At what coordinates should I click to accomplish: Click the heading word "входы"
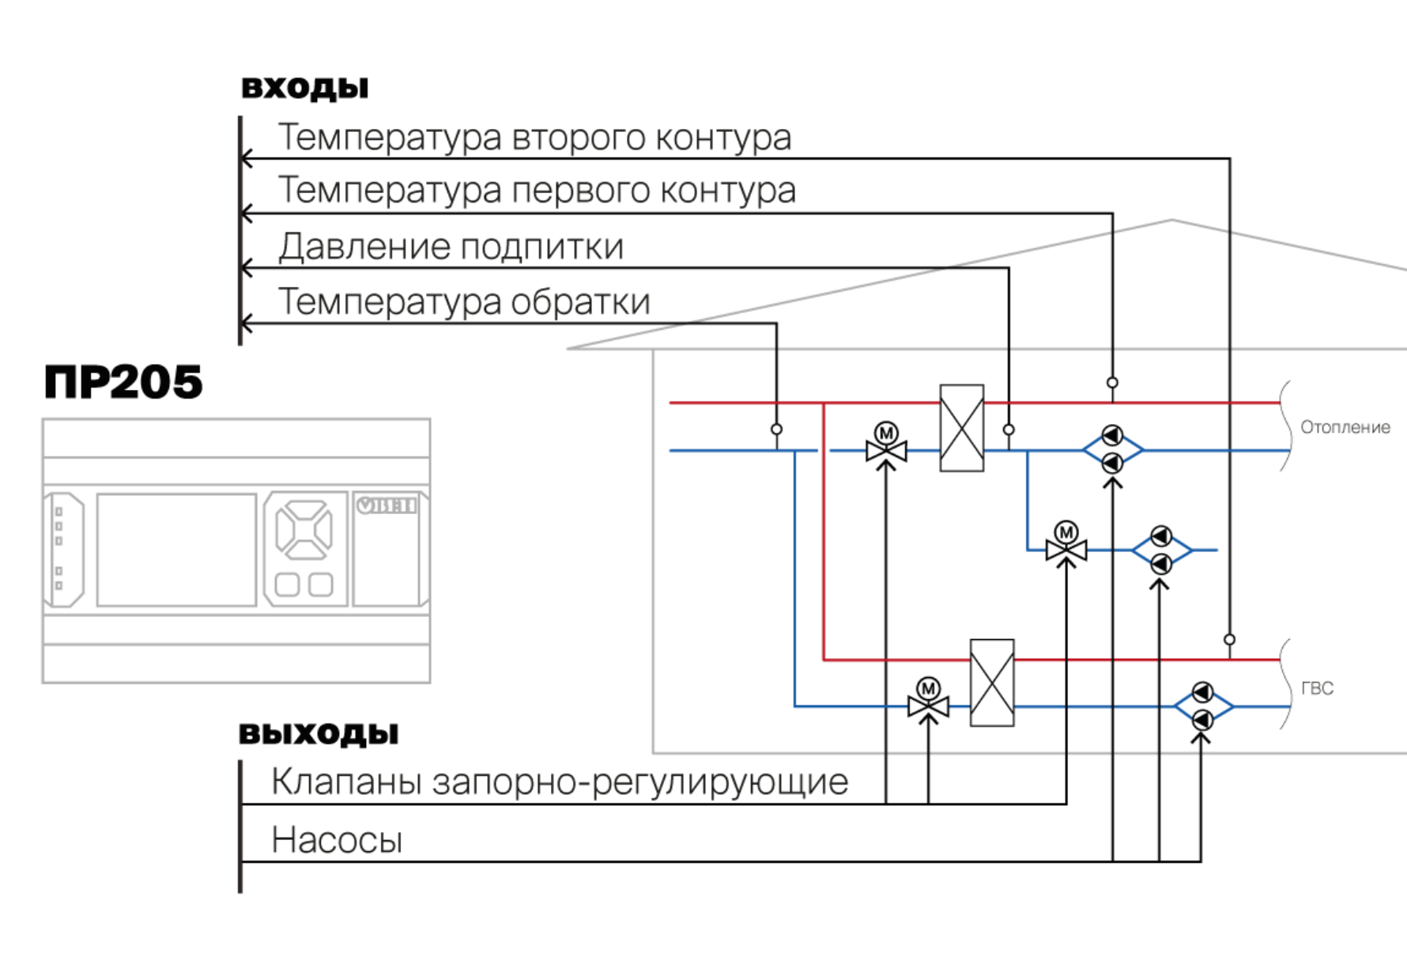click(x=305, y=88)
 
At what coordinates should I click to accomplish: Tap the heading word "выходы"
click(x=319, y=733)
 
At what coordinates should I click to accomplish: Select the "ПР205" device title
click(x=123, y=382)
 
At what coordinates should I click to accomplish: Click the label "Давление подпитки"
click(x=451, y=247)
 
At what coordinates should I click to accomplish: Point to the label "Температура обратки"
click(x=464, y=301)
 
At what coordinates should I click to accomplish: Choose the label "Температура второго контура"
click(x=534, y=137)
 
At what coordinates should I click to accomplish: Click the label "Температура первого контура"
click(x=537, y=190)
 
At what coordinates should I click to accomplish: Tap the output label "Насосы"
click(x=337, y=840)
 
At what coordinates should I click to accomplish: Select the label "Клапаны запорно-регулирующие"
click(x=560, y=781)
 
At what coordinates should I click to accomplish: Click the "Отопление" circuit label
click(x=1345, y=427)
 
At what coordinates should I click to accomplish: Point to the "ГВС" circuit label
click(x=1317, y=688)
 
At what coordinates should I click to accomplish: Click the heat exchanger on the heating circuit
click(x=962, y=428)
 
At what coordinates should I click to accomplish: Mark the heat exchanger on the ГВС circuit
click(x=992, y=683)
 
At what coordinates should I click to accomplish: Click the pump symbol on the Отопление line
click(x=1112, y=449)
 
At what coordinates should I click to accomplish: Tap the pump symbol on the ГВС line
click(x=1202, y=706)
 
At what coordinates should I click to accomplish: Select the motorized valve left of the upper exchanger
click(x=886, y=443)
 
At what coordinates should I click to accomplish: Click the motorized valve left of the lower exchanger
click(x=928, y=698)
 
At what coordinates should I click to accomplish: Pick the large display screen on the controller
click(x=176, y=550)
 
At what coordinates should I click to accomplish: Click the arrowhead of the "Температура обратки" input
click(x=247, y=323)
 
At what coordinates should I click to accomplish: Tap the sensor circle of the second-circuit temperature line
click(x=1229, y=639)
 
